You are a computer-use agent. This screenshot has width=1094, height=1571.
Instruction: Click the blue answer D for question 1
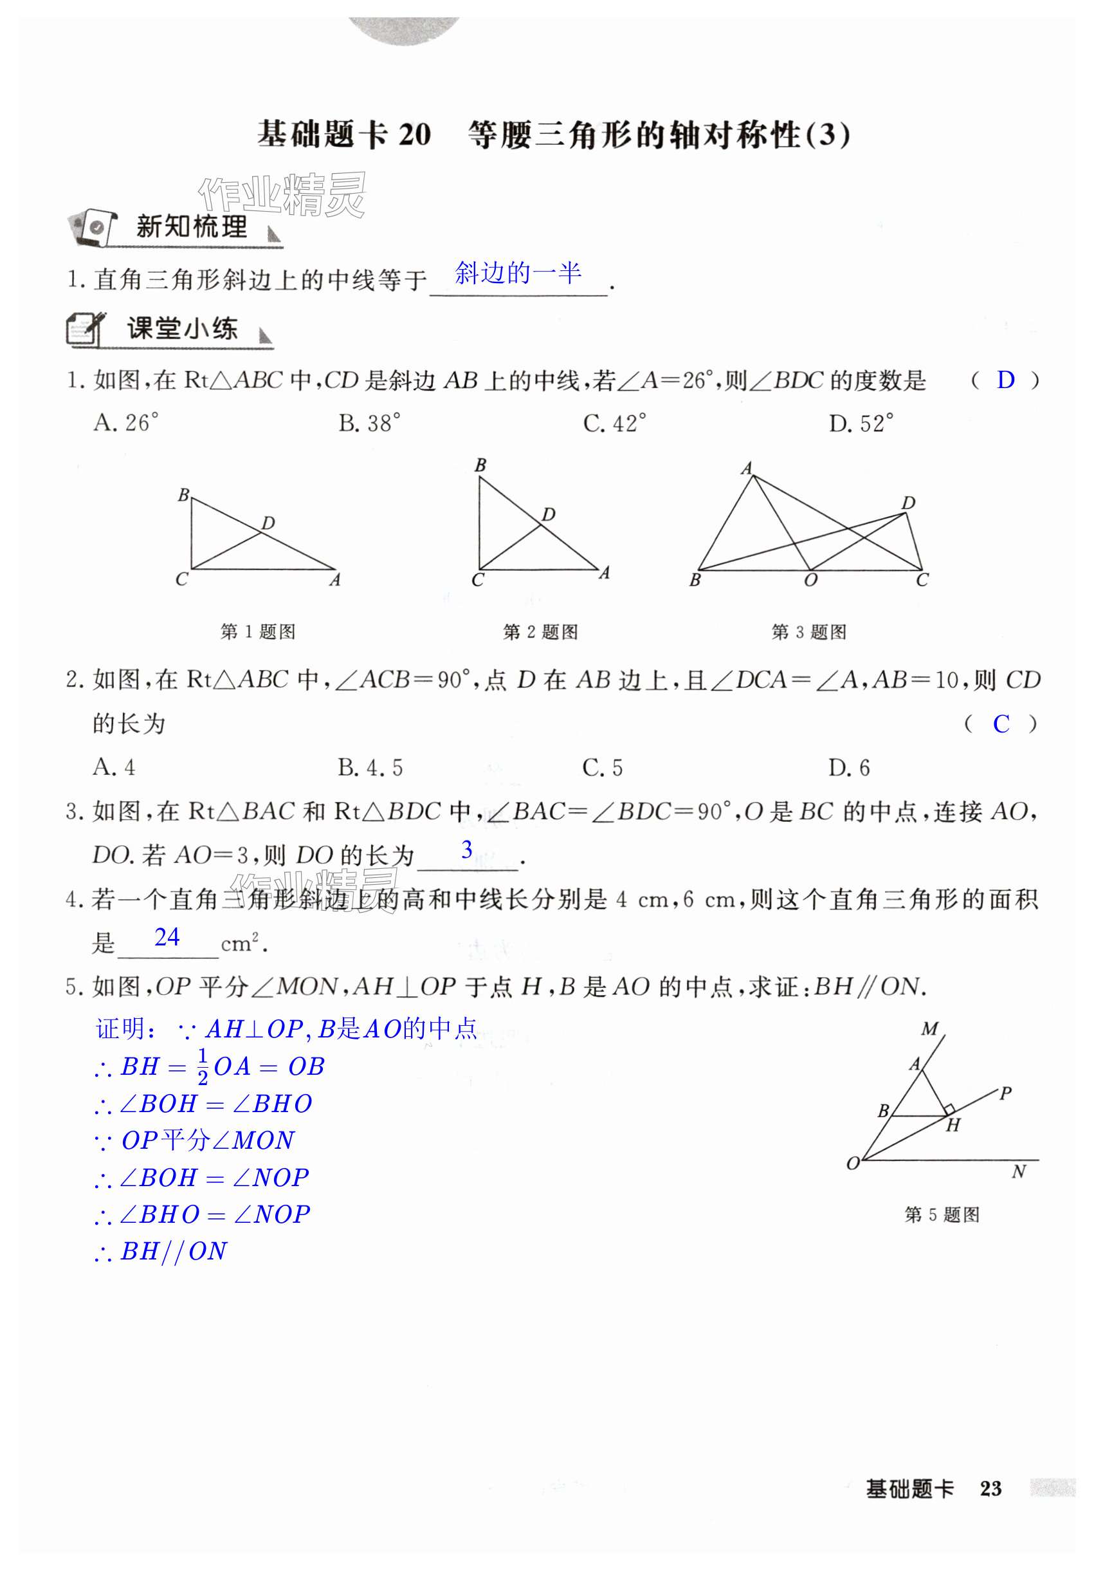tap(1005, 380)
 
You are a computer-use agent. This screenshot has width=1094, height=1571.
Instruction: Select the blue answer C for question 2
tap(1000, 724)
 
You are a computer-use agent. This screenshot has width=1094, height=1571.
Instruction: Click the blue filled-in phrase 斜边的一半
tap(518, 273)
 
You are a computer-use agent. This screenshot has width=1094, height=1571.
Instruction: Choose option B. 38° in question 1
tap(369, 423)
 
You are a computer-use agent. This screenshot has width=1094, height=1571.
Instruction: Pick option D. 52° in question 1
tap(861, 423)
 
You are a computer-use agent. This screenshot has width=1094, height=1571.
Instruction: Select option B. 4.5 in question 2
tap(370, 768)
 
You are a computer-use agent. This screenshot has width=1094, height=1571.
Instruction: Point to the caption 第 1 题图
tap(258, 631)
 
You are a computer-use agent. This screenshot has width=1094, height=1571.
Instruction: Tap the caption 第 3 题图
tap(809, 631)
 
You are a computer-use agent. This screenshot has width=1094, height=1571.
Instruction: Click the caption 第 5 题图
tap(942, 1214)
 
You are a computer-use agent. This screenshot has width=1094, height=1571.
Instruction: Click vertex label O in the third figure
tap(811, 581)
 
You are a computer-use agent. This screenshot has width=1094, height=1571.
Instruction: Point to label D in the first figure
tap(269, 523)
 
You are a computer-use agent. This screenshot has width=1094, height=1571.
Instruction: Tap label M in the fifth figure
tap(929, 1028)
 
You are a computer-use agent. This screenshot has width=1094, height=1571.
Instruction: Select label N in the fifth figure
tap(1018, 1172)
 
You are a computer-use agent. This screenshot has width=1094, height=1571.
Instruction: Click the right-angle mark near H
tap(949, 1109)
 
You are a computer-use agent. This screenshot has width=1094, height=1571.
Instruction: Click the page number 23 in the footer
tap(990, 1489)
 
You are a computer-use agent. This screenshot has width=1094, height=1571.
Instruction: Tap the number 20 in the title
tap(414, 135)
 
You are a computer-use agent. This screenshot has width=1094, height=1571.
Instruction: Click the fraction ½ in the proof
tap(203, 1066)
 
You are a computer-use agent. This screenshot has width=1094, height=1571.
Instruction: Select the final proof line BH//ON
tap(163, 1250)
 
